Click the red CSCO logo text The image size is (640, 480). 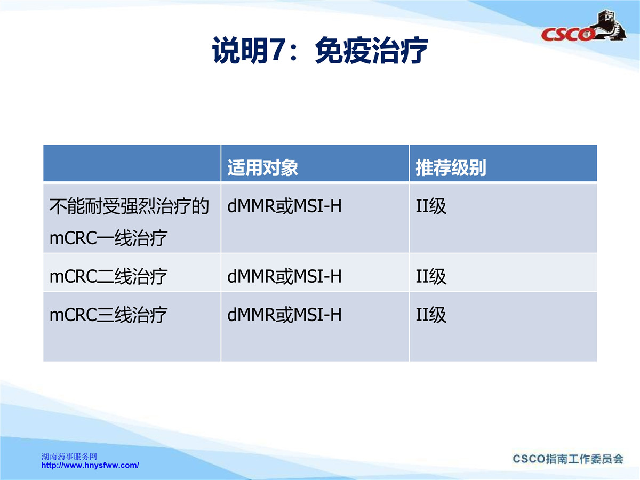click(567, 35)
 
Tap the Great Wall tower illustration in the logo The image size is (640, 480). click(609, 24)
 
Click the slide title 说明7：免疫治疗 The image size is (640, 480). click(320, 50)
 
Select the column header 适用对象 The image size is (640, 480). click(262, 167)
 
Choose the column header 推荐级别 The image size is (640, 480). click(451, 167)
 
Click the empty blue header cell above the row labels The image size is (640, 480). click(132, 163)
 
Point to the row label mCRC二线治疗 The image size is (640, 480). click(108, 276)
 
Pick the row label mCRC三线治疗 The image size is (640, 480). click(108, 315)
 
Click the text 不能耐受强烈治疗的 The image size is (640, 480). click(129, 206)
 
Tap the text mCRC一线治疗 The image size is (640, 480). click(108, 238)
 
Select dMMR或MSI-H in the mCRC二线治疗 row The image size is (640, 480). click(284, 276)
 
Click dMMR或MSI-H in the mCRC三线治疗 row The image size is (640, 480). click(284, 315)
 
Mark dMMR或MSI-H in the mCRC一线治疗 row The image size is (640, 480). click(284, 206)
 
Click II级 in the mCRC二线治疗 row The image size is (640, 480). click(431, 276)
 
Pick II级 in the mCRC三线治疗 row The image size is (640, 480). click(431, 315)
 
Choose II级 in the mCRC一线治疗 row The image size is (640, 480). click(431, 206)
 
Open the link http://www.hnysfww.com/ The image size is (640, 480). click(90, 465)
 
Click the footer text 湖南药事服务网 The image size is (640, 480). click(69, 457)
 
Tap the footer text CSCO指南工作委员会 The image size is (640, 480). click(568, 459)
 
